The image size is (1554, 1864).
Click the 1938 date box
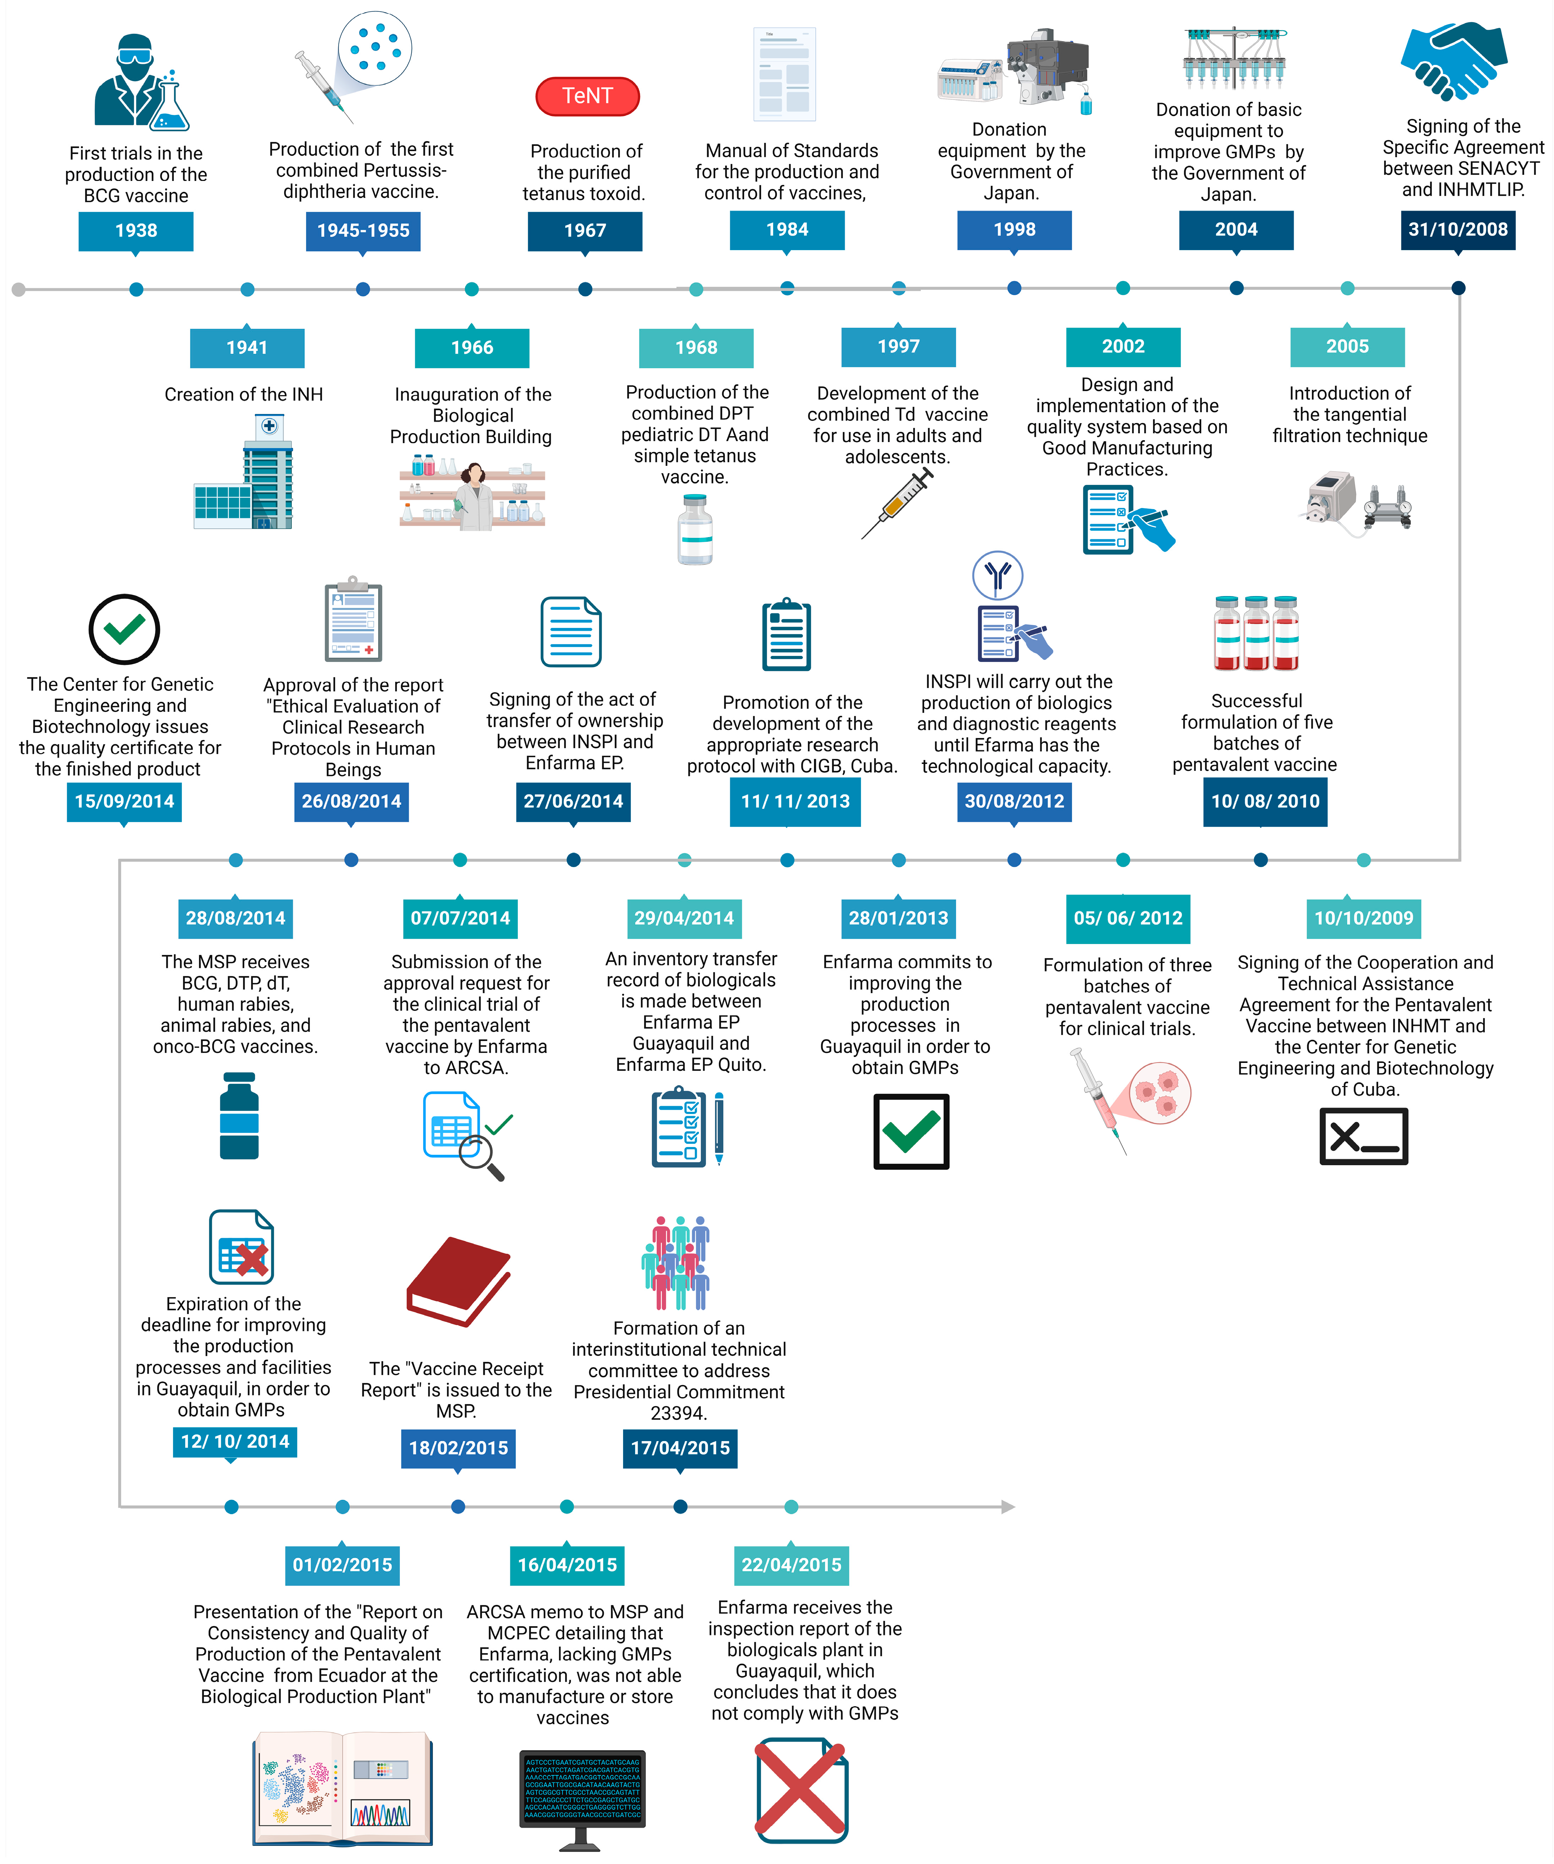(136, 231)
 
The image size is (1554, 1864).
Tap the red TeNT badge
(588, 96)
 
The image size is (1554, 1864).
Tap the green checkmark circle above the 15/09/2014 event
(124, 629)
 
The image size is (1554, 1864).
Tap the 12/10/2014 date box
(235, 1441)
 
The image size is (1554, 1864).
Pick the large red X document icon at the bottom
(800, 1790)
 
